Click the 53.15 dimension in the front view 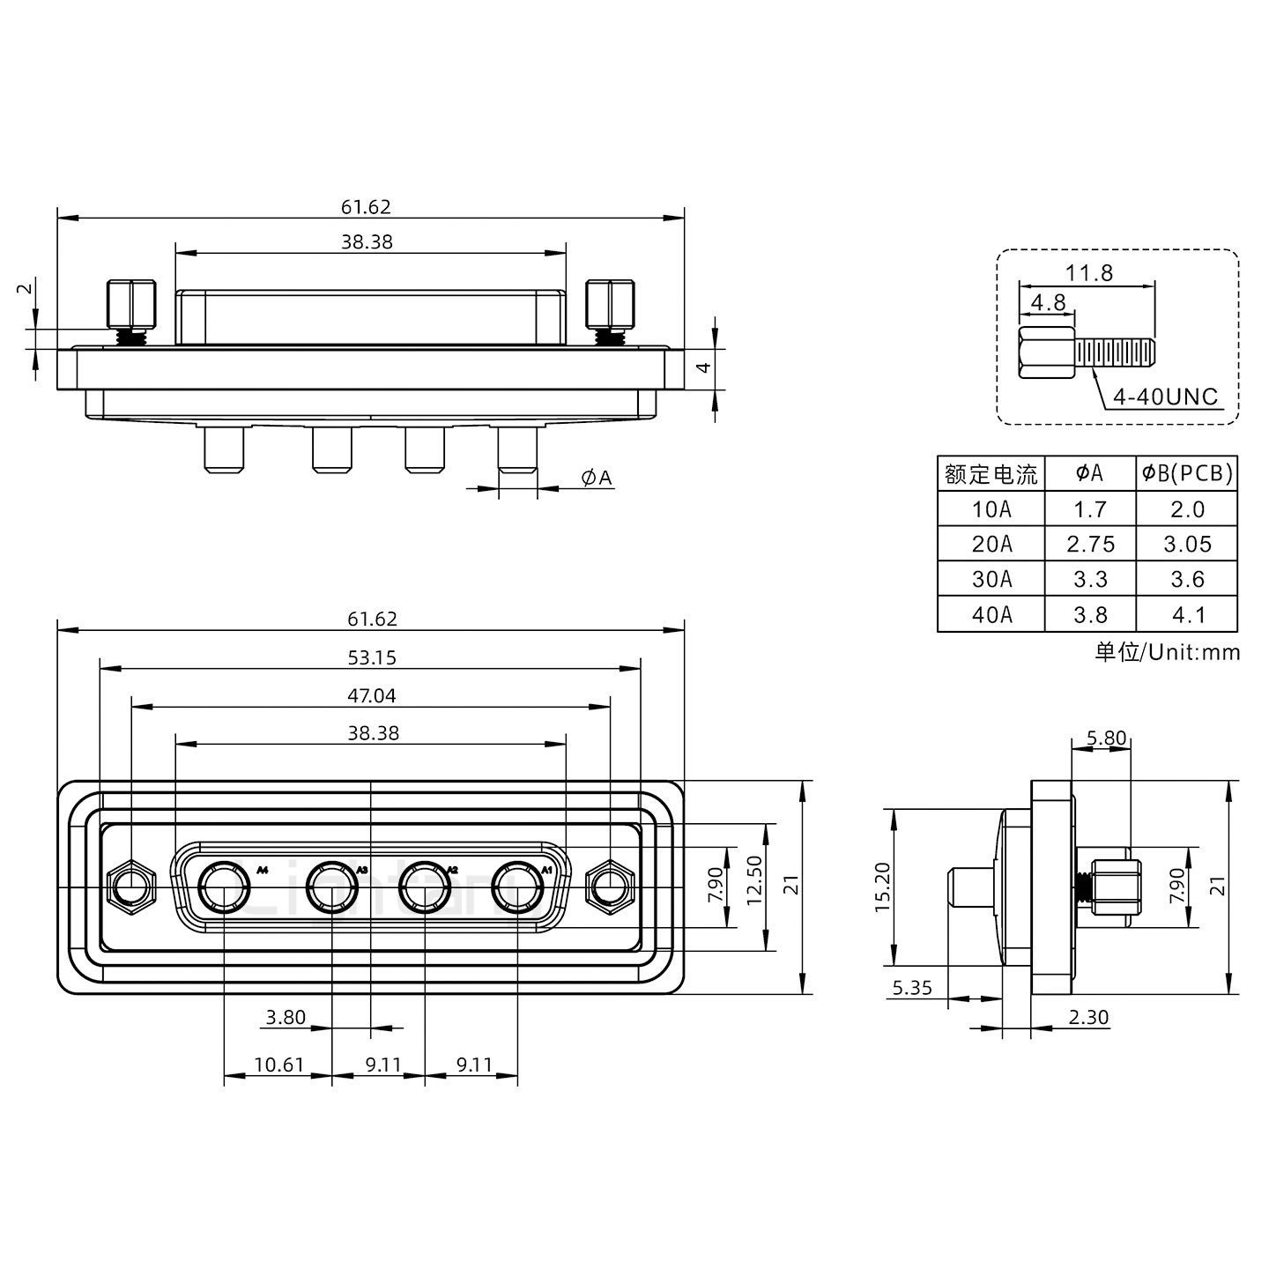point(371,657)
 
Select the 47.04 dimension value point(371,695)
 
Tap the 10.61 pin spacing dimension point(278,1065)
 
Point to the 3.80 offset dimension point(286,1017)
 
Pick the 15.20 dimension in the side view point(884,887)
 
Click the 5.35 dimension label point(912,988)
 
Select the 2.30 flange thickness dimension point(1088,1017)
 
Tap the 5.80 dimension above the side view point(1106,738)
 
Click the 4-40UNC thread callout point(1165,397)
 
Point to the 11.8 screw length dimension point(1089,273)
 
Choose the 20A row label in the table point(991,545)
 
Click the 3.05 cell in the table point(1187,545)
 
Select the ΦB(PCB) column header point(1187,473)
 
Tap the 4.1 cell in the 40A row point(1187,615)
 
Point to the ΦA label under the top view point(597,478)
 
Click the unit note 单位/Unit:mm point(1167,652)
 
